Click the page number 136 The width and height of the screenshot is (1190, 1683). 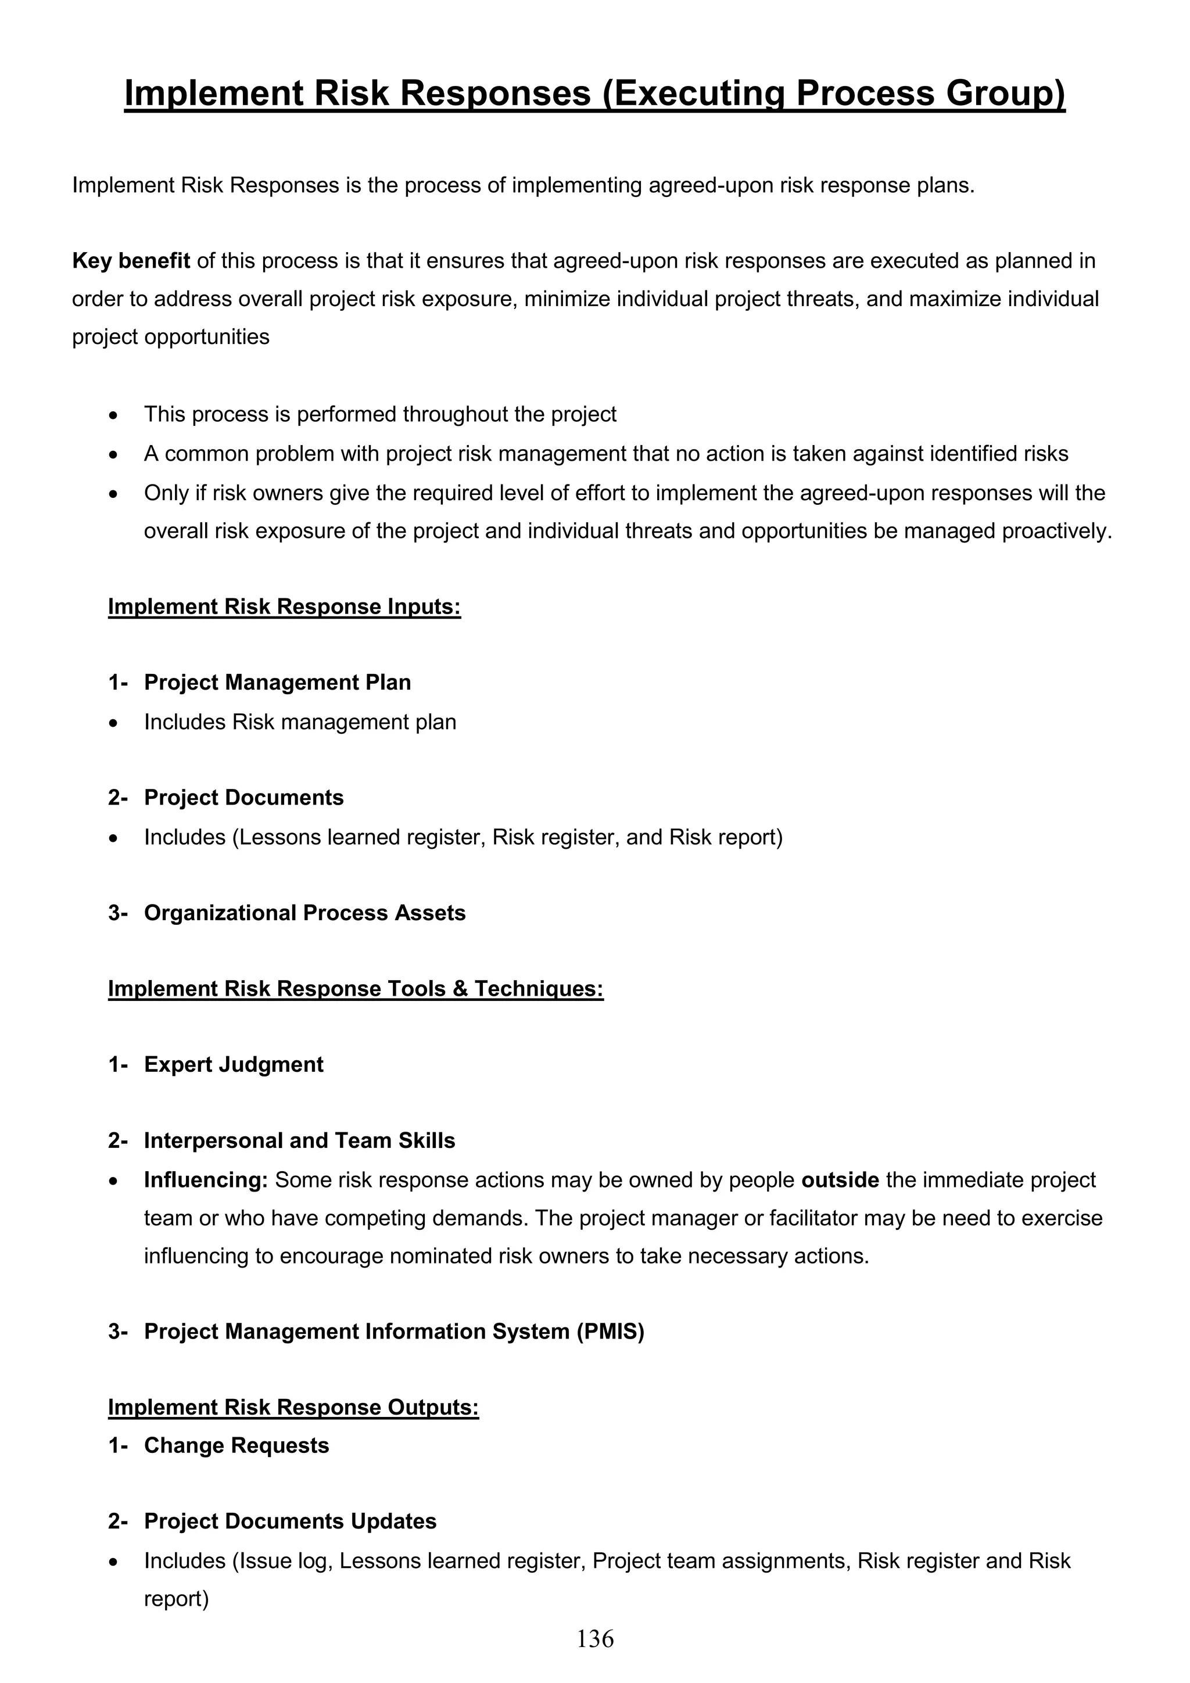pyautogui.click(x=594, y=1638)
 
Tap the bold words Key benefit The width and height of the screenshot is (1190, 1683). pyautogui.click(x=131, y=261)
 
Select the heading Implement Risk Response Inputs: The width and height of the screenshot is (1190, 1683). pyautogui.click(x=285, y=607)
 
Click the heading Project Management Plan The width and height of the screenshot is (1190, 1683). pyautogui.click(x=277, y=683)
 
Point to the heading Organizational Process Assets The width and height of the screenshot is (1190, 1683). pyautogui.click(x=304, y=913)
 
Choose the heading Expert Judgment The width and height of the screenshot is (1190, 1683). pyautogui.click(x=233, y=1064)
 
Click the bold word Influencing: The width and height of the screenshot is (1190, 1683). pyautogui.click(x=206, y=1180)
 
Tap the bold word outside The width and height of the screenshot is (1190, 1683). pyautogui.click(x=840, y=1180)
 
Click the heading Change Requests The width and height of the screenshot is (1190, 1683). pyautogui.click(x=236, y=1445)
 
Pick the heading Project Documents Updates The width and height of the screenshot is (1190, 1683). pyautogui.click(x=289, y=1521)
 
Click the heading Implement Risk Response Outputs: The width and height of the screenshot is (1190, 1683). pyautogui.click(x=293, y=1408)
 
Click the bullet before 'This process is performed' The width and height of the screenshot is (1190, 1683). pyautogui.click(x=112, y=415)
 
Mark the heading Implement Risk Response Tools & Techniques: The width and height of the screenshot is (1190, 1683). pyautogui.click(x=356, y=989)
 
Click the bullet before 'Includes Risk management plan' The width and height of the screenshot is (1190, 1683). pyautogui.click(x=112, y=723)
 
